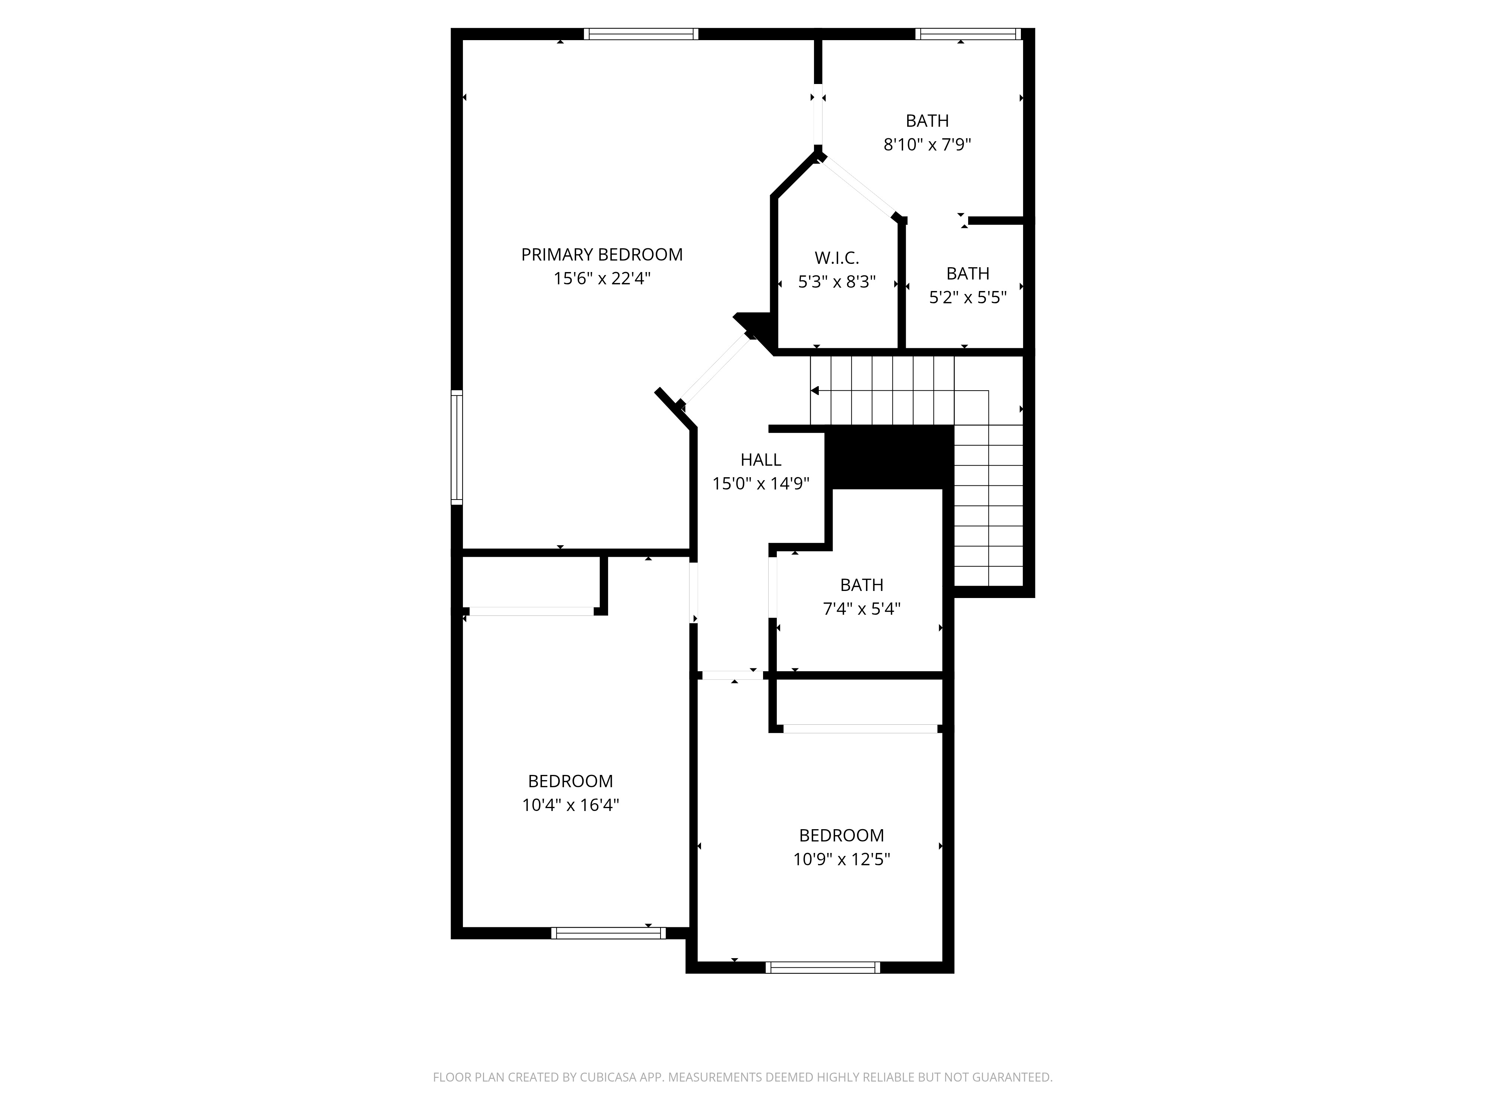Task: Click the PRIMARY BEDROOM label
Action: click(602, 255)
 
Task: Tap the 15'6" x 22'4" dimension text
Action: click(602, 278)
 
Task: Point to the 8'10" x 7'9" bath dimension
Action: click(927, 145)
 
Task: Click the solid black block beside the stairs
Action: click(889, 457)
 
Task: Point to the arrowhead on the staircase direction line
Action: click(814, 391)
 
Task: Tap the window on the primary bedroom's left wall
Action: click(457, 447)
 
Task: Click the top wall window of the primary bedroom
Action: click(641, 33)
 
